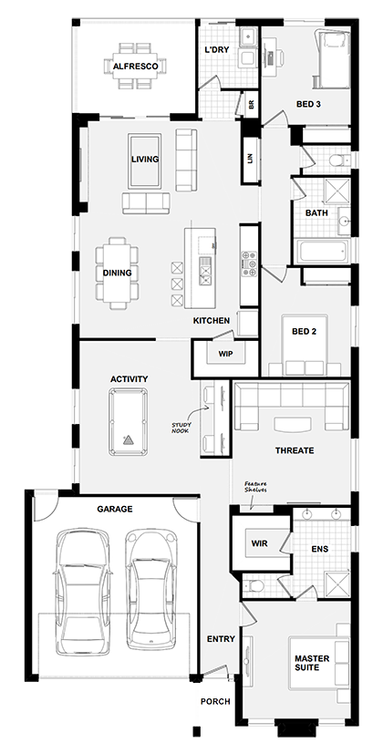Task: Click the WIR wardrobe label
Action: [259, 543]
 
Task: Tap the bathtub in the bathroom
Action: [319, 250]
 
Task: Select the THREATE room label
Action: [294, 450]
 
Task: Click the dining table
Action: [116, 272]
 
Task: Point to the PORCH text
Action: [217, 702]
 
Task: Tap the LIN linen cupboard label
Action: [250, 157]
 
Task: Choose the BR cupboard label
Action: [252, 106]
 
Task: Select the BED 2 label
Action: [304, 332]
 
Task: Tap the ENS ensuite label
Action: [319, 549]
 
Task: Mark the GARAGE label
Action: [116, 509]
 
